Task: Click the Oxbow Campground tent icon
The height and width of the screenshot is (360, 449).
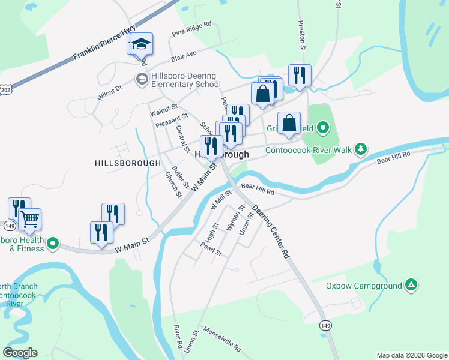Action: coord(411,284)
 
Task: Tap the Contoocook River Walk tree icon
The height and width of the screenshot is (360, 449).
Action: coord(361,148)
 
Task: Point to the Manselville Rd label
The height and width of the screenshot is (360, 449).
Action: coord(222,339)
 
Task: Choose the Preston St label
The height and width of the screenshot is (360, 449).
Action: coord(302,37)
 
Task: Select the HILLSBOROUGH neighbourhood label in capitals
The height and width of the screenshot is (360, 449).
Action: coord(128,163)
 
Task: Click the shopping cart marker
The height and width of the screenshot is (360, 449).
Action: coord(29,221)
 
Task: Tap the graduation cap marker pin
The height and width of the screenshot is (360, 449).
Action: coord(142,44)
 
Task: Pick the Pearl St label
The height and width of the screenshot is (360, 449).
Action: coord(211,249)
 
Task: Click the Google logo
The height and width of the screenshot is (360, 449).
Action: coord(20,353)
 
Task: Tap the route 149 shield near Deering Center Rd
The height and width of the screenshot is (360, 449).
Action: coord(325,325)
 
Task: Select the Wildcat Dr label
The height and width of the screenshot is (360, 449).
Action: coord(110,93)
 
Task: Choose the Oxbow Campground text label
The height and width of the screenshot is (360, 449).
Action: coord(364,286)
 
